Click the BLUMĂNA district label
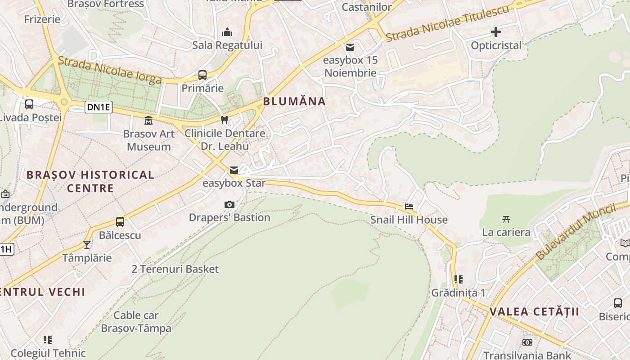(x=294, y=101)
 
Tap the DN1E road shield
(x=99, y=107)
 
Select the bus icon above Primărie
(x=202, y=75)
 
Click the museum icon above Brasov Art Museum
(x=148, y=121)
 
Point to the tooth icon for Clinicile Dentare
(x=225, y=120)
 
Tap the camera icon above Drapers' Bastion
(x=229, y=205)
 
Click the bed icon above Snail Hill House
(x=409, y=207)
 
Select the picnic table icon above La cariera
(x=506, y=219)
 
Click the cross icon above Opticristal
(x=496, y=32)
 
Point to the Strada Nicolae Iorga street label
(x=110, y=71)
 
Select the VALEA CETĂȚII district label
(x=534, y=311)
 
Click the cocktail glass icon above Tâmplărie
(x=87, y=245)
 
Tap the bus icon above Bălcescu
(x=120, y=222)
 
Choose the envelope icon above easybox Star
(x=234, y=170)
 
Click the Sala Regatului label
(x=227, y=45)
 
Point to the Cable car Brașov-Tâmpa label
(x=136, y=322)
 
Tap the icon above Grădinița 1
(x=458, y=279)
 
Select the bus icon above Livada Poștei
(x=29, y=104)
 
